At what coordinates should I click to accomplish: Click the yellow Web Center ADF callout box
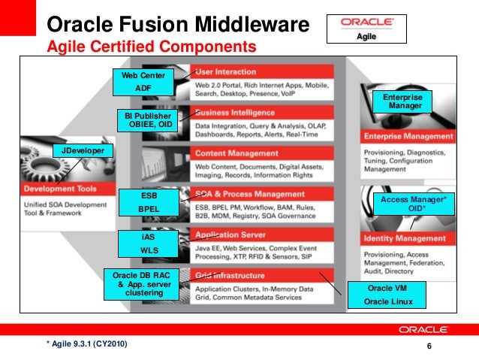click(x=143, y=82)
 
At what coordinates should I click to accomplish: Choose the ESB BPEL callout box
click(x=149, y=202)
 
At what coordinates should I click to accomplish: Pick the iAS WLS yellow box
click(x=149, y=244)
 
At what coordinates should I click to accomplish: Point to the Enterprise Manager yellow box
click(x=404, y=102)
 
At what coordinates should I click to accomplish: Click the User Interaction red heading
click(x=225, y=72)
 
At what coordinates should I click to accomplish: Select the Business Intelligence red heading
click(x=233, y=113)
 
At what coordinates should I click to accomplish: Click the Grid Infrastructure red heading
click(x=230, y=275)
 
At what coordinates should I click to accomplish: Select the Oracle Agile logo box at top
click(x=366, y=28)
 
